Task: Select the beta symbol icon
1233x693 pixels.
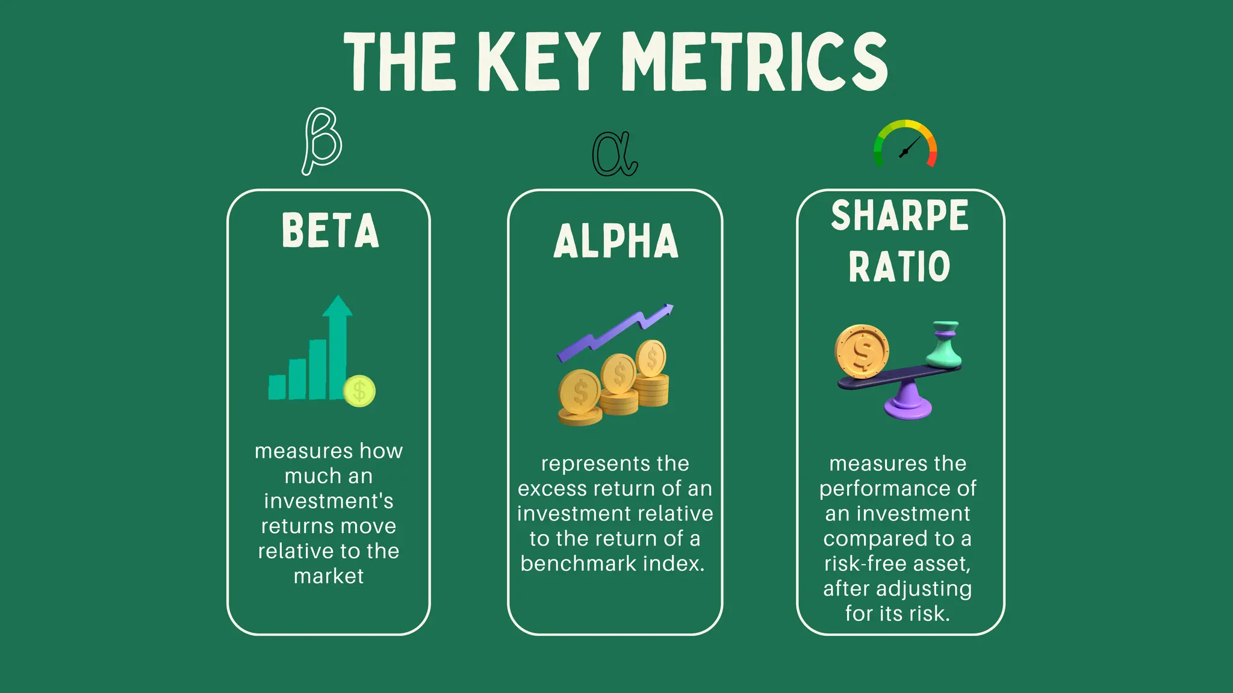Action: pos(322,141)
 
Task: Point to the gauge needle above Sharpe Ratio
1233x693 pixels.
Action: pos(909,148)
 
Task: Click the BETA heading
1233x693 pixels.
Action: pos(330,230)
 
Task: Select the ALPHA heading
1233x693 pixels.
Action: pos(615,241)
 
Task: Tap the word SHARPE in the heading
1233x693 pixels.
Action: pos(899,215)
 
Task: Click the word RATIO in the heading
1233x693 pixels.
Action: pos(899,266)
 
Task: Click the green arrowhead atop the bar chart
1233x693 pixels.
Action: pos(337,306)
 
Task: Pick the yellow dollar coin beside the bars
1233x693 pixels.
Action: pos(359,392)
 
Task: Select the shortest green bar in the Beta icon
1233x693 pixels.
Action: pos(277,387)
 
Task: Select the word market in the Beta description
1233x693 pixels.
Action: pos(329,576)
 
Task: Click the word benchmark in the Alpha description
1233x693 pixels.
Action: pos(578,564)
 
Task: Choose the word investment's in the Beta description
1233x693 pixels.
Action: pos(329,501)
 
